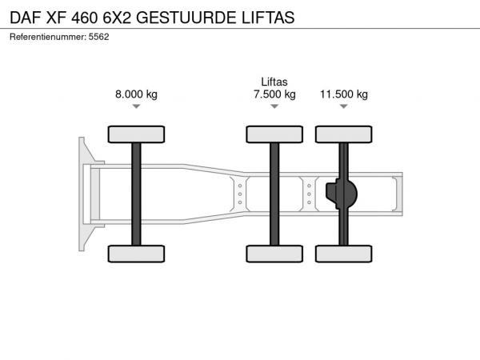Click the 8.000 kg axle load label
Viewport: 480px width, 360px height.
click(136, 94)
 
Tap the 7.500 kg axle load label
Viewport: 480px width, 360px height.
click(274, 94)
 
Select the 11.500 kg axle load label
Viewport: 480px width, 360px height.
click(344, 94)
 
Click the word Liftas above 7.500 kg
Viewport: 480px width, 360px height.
click(274, 82)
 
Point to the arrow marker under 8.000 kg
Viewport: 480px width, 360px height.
click(136, 106)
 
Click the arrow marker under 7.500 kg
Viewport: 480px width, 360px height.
click(274, 106)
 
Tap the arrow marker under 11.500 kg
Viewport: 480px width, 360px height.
click(344, 106)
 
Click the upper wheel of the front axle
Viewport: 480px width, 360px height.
click(136, 134)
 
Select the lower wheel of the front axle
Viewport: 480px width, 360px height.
click(136, 254)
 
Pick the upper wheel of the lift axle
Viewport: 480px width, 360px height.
click(274, 134)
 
